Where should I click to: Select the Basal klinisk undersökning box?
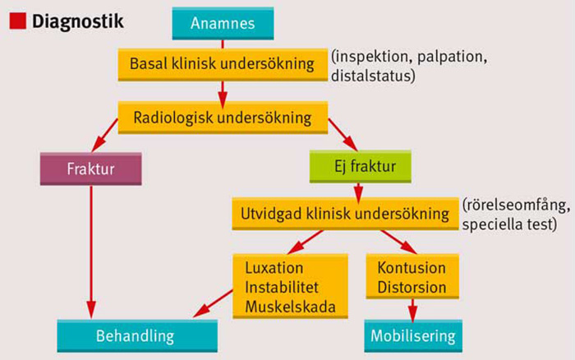point(223,63)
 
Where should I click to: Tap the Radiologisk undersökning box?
point(223,117)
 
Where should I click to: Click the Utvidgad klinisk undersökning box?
point(344,214)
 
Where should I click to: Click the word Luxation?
point(274,268)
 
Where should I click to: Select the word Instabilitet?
point(284,288)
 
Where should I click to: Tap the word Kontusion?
point(412,268)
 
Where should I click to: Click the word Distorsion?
point(412,288)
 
